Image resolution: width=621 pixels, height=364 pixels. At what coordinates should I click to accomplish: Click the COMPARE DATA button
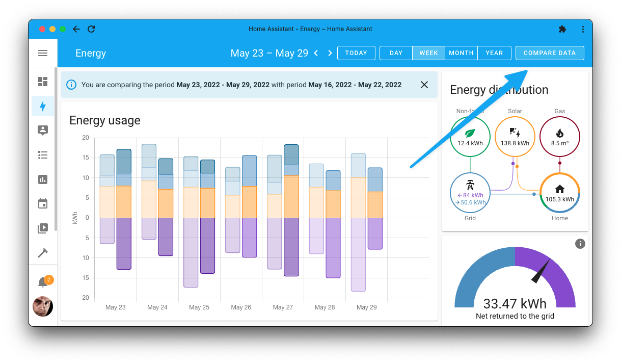(549, 53)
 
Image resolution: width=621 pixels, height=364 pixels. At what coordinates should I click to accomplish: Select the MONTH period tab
(461, 53)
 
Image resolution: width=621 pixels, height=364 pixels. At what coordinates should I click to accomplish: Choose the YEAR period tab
(494, 53)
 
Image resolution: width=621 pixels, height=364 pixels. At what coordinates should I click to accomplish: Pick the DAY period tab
(396, 53)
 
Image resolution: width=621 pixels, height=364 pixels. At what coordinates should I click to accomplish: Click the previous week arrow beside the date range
(316, 53)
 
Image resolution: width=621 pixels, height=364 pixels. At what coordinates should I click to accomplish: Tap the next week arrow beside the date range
(330, 53)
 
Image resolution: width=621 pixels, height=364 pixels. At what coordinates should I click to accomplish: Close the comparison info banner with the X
(424, 85)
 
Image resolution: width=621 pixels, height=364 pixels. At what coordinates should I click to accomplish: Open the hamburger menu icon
(43, 53)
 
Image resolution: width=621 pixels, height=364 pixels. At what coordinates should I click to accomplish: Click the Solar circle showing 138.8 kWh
(515, 136)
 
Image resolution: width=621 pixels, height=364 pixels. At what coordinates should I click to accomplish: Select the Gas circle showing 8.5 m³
(559, 136)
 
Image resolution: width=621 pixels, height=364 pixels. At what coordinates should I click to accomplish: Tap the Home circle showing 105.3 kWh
(559, 193)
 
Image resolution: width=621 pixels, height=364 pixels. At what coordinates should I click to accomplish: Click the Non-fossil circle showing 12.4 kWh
(470, 136)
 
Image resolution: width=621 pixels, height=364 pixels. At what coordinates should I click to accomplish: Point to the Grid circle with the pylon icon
(470, 193)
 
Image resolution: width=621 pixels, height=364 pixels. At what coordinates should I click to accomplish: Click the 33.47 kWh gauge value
(515, 304)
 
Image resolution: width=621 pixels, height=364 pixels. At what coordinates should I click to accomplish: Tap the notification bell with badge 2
(43, 282)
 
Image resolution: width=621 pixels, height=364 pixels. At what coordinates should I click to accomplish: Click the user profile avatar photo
(43, 306)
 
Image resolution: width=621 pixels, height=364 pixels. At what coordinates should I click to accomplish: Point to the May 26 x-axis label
(241, 307)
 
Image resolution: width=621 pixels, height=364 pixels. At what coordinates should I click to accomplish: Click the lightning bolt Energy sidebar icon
(43, 106)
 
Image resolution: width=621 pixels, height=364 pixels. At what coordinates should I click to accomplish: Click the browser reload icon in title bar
(91, 29)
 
